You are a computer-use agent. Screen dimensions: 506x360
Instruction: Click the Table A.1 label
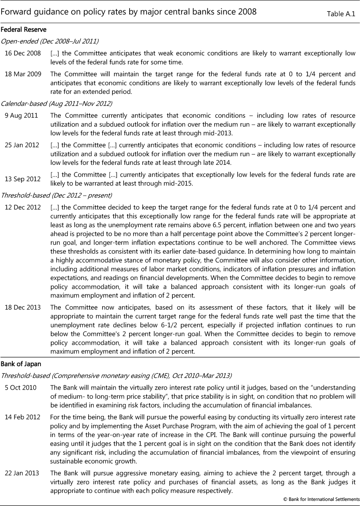coord(341,14)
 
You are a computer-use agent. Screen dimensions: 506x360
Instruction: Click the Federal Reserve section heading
coord(23,30)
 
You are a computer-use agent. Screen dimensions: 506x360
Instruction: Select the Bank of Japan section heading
coord(21,364)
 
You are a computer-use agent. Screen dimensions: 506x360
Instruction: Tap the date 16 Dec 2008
coord(23,53)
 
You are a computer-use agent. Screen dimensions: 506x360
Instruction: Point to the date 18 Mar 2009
coord(23,74)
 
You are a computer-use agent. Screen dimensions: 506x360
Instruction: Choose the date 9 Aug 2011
coord(21,116)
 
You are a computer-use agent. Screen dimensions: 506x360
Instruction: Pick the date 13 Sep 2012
coord(23,179)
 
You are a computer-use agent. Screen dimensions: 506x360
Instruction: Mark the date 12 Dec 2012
coord(23,207)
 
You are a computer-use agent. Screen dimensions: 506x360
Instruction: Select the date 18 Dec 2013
coord(23,307)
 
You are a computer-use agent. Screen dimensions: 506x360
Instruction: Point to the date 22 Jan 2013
coord(22,473)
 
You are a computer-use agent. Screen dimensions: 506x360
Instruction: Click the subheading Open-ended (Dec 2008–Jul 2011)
coord(50,41)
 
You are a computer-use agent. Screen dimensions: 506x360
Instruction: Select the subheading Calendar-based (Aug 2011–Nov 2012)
coord(56,104)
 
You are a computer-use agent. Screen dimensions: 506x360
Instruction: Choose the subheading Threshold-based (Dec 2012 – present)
coord(56,195)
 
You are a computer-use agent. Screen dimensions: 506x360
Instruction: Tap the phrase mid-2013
coord(219,133)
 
